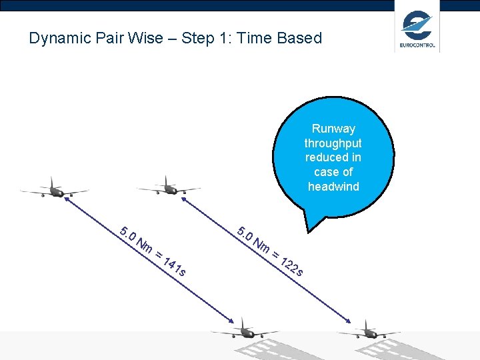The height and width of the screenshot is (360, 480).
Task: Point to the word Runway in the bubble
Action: [x=333, y=129]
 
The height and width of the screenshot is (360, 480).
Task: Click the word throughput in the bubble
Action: [x=333, y=143]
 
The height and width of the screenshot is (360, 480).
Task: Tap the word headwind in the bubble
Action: [x=333, y=187]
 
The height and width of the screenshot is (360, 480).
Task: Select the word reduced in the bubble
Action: [x=333, y=157]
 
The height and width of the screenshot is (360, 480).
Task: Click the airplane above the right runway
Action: [x=368, y=331]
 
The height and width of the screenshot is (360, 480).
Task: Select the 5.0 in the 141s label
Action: [x=127, y=235]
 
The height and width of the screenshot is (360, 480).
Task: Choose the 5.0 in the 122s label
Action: [x=245, y=234]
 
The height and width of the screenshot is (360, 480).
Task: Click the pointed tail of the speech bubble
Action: [x=309, y=223]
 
